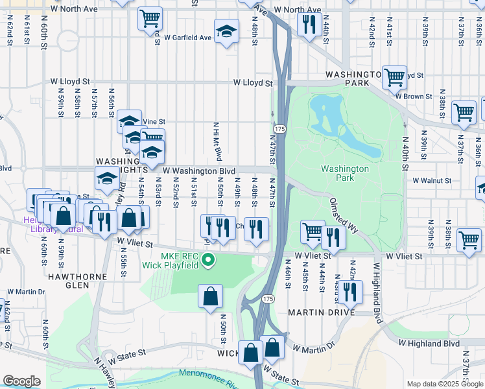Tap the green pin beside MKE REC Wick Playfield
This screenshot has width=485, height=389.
(x=208, y=261)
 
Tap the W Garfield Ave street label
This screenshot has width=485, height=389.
(x=188, y=38)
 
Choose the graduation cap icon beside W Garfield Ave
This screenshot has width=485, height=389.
(x=226, y=32)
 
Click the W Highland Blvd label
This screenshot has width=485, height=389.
(x=429, y=343)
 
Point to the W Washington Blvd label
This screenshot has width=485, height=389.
(x=198, y=171)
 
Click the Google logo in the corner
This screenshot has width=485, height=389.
(x=21, y=381)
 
